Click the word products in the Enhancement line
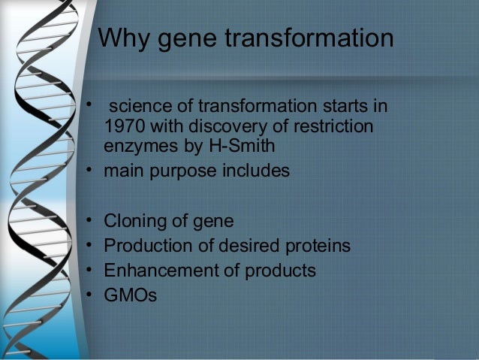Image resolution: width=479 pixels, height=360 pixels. (282, 271)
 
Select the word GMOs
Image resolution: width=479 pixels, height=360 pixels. (131, 295)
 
